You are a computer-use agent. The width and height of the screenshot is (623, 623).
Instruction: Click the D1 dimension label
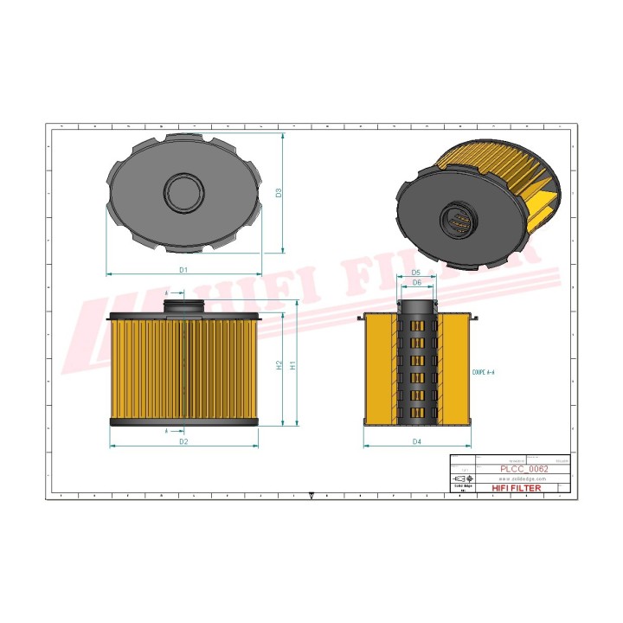183,270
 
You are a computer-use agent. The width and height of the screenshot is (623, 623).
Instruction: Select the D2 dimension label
183,442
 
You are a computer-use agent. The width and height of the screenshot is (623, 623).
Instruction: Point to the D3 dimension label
279,193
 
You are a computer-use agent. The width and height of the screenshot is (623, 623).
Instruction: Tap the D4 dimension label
416,442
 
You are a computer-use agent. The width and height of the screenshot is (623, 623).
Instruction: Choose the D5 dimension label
416,273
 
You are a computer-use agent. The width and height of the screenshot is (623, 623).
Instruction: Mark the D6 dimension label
416,283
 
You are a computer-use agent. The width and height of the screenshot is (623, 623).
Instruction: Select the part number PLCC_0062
523,468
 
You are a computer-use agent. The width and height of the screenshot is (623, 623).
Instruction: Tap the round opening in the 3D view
458,221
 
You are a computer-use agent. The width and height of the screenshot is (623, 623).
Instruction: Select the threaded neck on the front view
183,305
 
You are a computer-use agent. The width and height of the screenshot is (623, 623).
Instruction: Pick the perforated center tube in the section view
416,363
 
